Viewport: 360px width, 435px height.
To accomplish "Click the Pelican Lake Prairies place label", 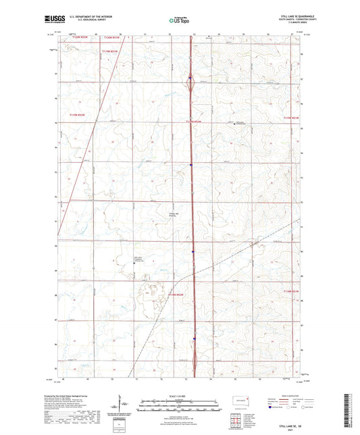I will pos(174,215).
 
